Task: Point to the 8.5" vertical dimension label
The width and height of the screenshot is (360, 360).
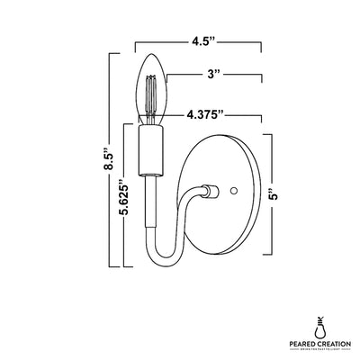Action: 109,161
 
